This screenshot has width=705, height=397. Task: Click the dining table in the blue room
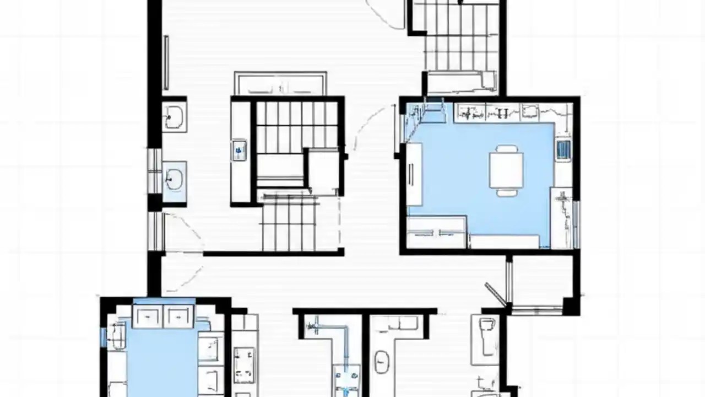pyautogui.click(x=506, y=170)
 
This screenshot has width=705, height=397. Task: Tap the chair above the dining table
pyautogui.click(x=506, y=148)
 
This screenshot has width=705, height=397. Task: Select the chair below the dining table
pyautogui.click(x=506, y=192)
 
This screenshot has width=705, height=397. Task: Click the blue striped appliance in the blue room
pyautogui.click(x=563, y=150)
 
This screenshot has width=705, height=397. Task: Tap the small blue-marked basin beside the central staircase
pyautogui.click(x=239, y=149)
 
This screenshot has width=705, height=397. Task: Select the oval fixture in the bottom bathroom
pyautogui.click(x=381, y=362)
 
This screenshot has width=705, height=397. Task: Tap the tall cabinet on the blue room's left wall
pyautogui.click(x=414, y=174)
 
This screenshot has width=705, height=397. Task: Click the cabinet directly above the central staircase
pyautogui.click(x=280, y=84)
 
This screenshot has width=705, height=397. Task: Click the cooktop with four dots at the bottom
pyautogui.click(x=243, y=364)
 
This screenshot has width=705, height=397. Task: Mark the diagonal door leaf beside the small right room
pyautogui.click(x=495, y=294)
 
